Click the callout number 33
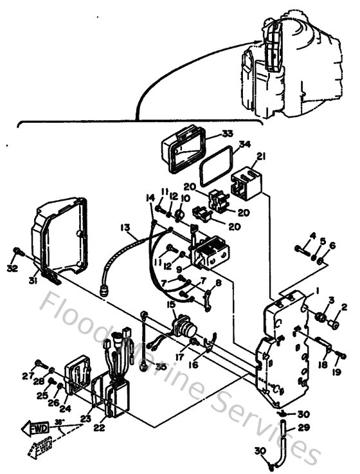click(x=210, y=134)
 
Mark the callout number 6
click(x=332, y=246)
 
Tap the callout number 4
click(x=313, y=235)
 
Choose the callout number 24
click(x=64, y=408)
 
